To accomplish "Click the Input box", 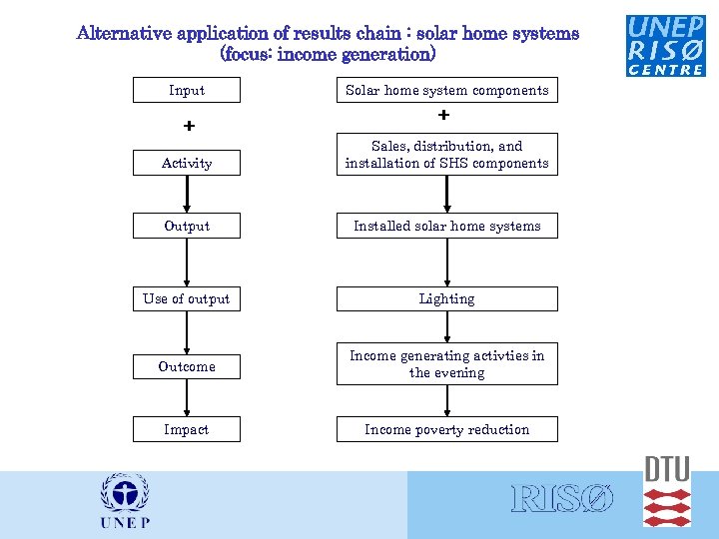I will (187, 90).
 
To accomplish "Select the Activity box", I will (187, 163).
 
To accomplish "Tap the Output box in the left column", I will (187, 226).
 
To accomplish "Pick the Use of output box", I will (187, 298).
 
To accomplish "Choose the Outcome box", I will (187, 366).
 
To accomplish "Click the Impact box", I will (187, 429).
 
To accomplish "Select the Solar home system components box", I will (446, 90).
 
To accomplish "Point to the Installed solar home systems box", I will (446, 226).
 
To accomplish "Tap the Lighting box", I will (446, 298).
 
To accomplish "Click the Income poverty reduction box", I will (446, 429).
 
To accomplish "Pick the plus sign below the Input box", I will (188, 127).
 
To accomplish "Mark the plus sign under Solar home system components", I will (444, 116).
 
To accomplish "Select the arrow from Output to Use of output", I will (187, 262).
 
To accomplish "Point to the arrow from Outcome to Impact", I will (187, 399).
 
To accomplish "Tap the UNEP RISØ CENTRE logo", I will (665, 45).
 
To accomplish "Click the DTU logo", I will (667, 491).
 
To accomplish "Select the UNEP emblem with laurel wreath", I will (125, 499).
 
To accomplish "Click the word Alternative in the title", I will (125, 33).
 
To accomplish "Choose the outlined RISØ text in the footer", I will (562, 499).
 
